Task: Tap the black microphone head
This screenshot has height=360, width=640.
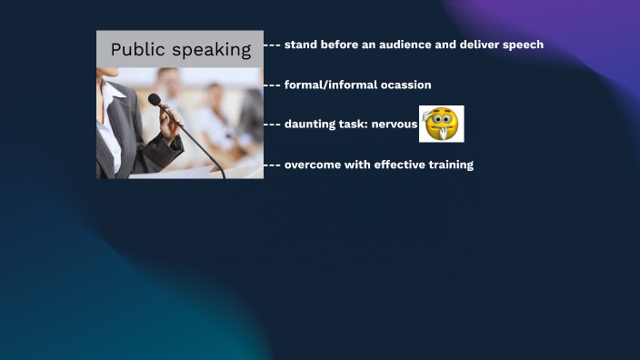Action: (155, 100)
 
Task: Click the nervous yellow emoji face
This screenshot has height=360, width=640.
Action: (441, 124)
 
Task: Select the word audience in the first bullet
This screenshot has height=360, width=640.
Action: (405, 45)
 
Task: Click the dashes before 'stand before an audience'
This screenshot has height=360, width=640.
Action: (272, 45)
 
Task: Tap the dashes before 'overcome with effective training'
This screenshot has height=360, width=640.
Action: (272, 165)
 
